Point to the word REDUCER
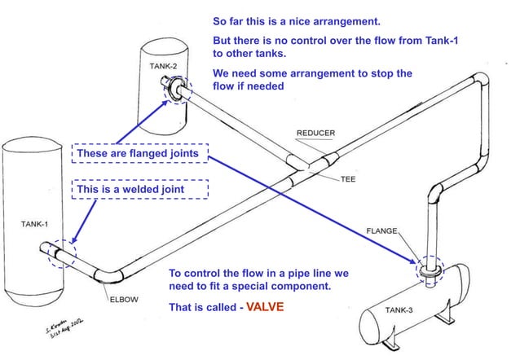pos(316,133)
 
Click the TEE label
pos(348,178)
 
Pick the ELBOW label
pos(125,299)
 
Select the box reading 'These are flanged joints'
pos(139,153)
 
